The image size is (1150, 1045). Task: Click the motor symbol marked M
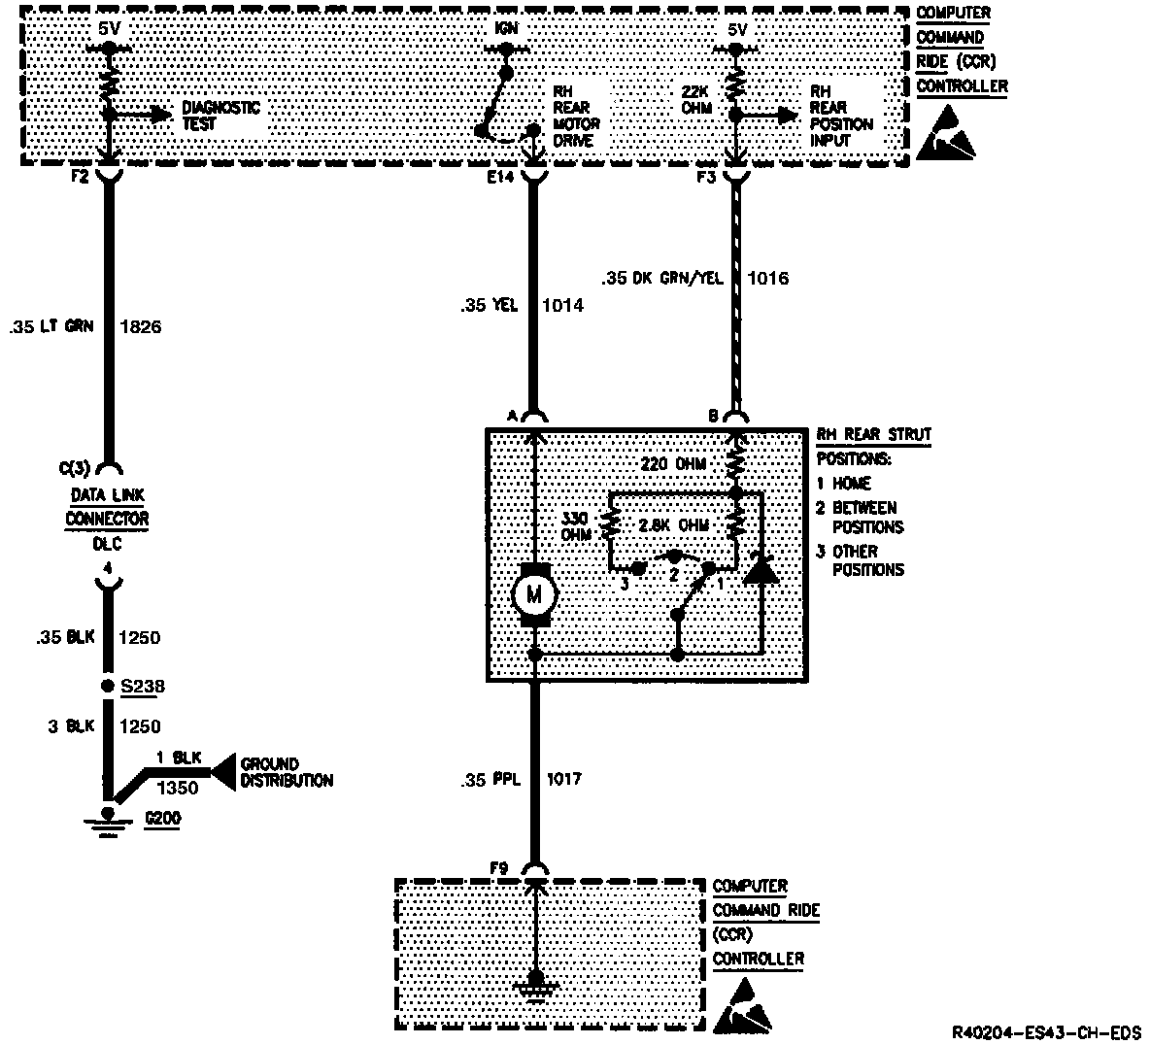[532, 592]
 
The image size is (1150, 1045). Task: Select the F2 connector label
[81, 179]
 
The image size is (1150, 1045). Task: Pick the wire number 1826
[140, 327]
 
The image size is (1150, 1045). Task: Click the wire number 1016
[768, 279]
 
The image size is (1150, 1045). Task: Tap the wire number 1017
[564, 779]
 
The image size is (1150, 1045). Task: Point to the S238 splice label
[142, 687]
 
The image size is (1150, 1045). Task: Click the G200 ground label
[161, 819]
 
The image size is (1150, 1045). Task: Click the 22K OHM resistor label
[696, 100]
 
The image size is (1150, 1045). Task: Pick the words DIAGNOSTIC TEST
[221, 115]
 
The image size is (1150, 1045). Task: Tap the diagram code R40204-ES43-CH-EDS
[1046, 1031]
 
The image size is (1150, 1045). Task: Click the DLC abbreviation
[107, 545]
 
